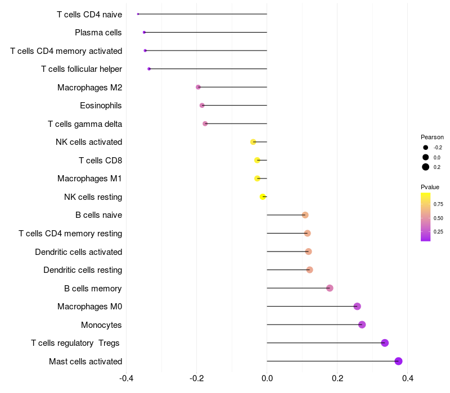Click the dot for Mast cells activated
(x=398, y=361)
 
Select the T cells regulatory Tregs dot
(x=385, y=343)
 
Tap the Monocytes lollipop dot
(x=362, y=325)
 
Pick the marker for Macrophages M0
(x=357, y=306)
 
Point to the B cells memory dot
(x=330, y=288)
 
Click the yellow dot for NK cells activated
(x=253, y=142)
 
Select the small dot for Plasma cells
(x=144, y=32)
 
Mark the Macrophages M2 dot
(x=198, y=87)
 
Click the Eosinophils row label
(x=101, y=106)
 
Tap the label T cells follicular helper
(x=82, y=69)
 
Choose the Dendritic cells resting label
(x=83, y=270)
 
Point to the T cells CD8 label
(x=100, y=161)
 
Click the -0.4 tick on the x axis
(x=127, y=378)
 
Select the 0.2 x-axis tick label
(x=337, y=378)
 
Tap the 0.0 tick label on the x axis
(x=267, y=378)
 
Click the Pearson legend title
(x=432, y=137)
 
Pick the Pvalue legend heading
(x=430, y=187)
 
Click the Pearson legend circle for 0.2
(x=426, y=167)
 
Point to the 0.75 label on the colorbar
(x=438, y=204)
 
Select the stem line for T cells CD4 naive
(x=202, y=14)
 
